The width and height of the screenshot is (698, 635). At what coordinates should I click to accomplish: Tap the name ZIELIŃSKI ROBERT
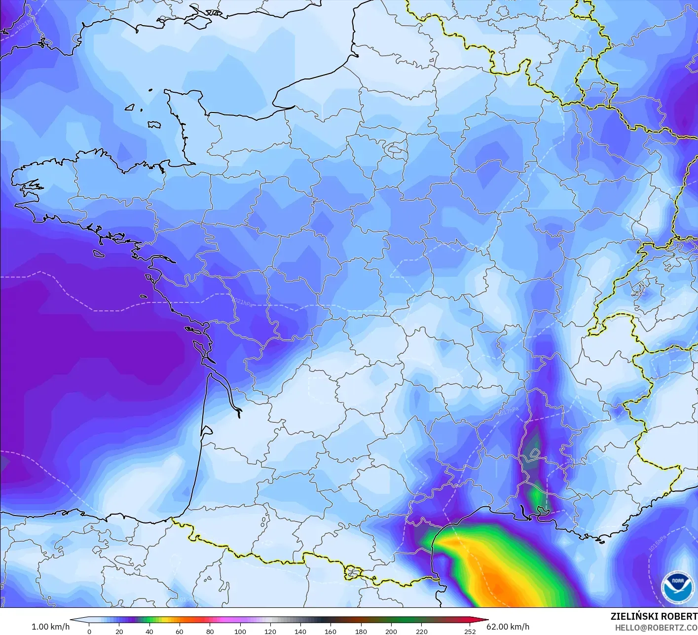pos(654,616)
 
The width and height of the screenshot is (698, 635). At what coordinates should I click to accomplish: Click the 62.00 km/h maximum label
pos(508,627)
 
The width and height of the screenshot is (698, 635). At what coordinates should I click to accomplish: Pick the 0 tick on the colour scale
pos(89,631)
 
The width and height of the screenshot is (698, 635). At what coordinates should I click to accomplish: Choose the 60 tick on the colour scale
pos(180,631)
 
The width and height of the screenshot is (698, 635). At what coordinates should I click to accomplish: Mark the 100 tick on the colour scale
pos(240,631)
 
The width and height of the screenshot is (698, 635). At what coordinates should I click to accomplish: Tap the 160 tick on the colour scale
pos(331,631)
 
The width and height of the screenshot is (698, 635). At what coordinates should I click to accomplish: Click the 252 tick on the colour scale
pos(470,631)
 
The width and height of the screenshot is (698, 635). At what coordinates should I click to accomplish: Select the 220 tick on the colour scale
pos(421,631)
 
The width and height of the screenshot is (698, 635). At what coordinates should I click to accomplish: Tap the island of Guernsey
pos(130,107)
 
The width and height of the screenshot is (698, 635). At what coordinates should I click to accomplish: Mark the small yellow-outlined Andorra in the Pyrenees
pos(352,573)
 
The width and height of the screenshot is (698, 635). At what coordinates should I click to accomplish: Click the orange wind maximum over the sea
pos(498,577)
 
